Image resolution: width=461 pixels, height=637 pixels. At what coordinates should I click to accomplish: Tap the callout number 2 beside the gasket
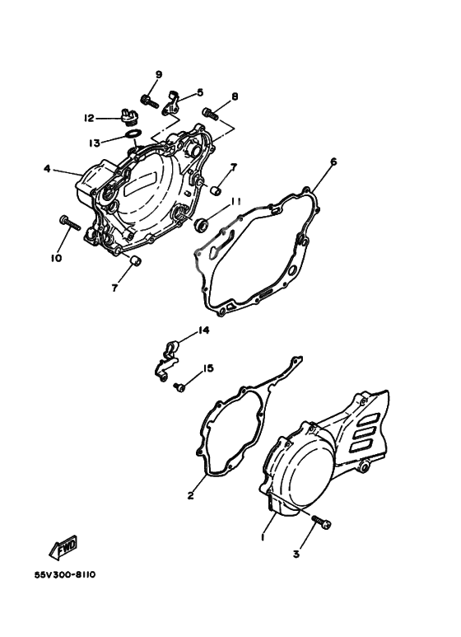[x=190, y=495]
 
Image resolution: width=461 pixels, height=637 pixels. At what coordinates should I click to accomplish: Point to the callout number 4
[x=48, y=170]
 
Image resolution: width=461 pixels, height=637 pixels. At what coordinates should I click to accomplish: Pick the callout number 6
[x=333, y=162]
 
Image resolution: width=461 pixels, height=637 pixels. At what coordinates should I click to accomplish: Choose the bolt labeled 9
[x=148, y=101]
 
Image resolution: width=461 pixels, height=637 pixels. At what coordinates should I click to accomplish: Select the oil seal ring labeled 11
[x=203, y=223]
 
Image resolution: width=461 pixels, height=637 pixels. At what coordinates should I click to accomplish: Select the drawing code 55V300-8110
[x=66, y=574]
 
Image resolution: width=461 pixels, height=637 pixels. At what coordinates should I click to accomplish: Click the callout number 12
[x=89, y=118]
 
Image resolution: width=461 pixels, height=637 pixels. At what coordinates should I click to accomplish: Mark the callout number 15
[x=208, y=368]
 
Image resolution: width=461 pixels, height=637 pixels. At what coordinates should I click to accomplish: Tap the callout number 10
[x=55, y=258]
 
